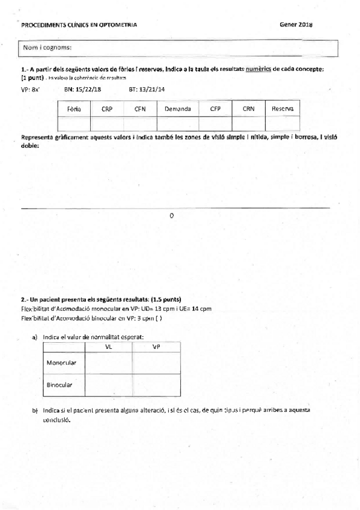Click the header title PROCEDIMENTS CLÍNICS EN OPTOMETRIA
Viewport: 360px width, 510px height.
pyautogui.click(x=79, y=25)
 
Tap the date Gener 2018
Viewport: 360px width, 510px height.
pyautogui.click(x=296, y=23)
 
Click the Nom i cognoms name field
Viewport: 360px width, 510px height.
pyautogui.click(x=179, y=47)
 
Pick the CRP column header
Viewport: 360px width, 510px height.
pyautogui.click(x=107, y=109)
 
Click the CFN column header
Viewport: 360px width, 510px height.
pyautogui.click(x=140, y=109)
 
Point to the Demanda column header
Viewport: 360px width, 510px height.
pyautogui.click(x=177, y=109)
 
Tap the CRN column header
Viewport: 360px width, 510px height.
pyautogui.click(x=248, y=109)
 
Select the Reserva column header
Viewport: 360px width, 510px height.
pyautogui.click(x=282, y=109)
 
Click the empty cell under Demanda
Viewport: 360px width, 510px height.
pyautogui.click(x=177, y=123)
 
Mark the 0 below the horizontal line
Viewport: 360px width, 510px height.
pyautogui.click(x=172, y=215)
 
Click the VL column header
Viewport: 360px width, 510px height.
pyautogui.click(x=108, y=347)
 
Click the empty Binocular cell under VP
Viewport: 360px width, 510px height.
pyautogui.click(x=156, y=384)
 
